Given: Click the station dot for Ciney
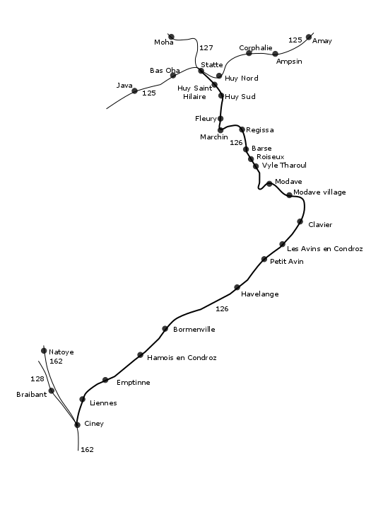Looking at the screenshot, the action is pyautogui.click(x=77, y=425).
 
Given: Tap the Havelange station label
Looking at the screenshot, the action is pyautogui.click(x=260, y=294).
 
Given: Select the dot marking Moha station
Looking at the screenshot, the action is pyautogui.click(x=171, y=37).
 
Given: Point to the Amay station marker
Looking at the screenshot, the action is pyautogui.click(x=309, y=37).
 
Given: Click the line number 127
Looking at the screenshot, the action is pyautogui.click(x=206, y=47).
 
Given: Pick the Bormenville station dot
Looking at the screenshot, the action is pyautogui.click(x=165, y=329).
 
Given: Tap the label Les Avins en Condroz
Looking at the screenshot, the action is pyautogui.click(x=324, y=249).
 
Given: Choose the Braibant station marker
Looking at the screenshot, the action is pyautogui.click(x=52, y=390).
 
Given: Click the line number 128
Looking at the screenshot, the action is pyautogui.click(x=37, y=378).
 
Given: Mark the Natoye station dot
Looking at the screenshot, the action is pyautogui.click(x=44, y=351).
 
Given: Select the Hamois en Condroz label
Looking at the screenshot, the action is pyautogui.click(x=182, y=358).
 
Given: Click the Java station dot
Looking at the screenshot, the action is pyautogui.click(x=135, y=91).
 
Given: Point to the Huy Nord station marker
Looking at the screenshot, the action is pyautogui.click(x=219, y=76).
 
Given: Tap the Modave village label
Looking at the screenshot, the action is pyautogui.click(x=319, y=192).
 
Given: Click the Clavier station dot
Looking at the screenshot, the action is pyautogui.click(x=300, y=221).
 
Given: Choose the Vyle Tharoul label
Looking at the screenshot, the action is pyautogui.click(x=284, y=166).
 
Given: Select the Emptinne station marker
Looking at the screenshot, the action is pyautogui.click(x=105, y=380).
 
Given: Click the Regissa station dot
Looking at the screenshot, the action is pyautogui.click(x=242, y=129).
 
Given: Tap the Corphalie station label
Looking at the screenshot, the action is pyautogui.click(x=256, y=47).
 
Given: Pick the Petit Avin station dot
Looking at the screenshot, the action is pyautogui.click(x=264, y=259).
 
